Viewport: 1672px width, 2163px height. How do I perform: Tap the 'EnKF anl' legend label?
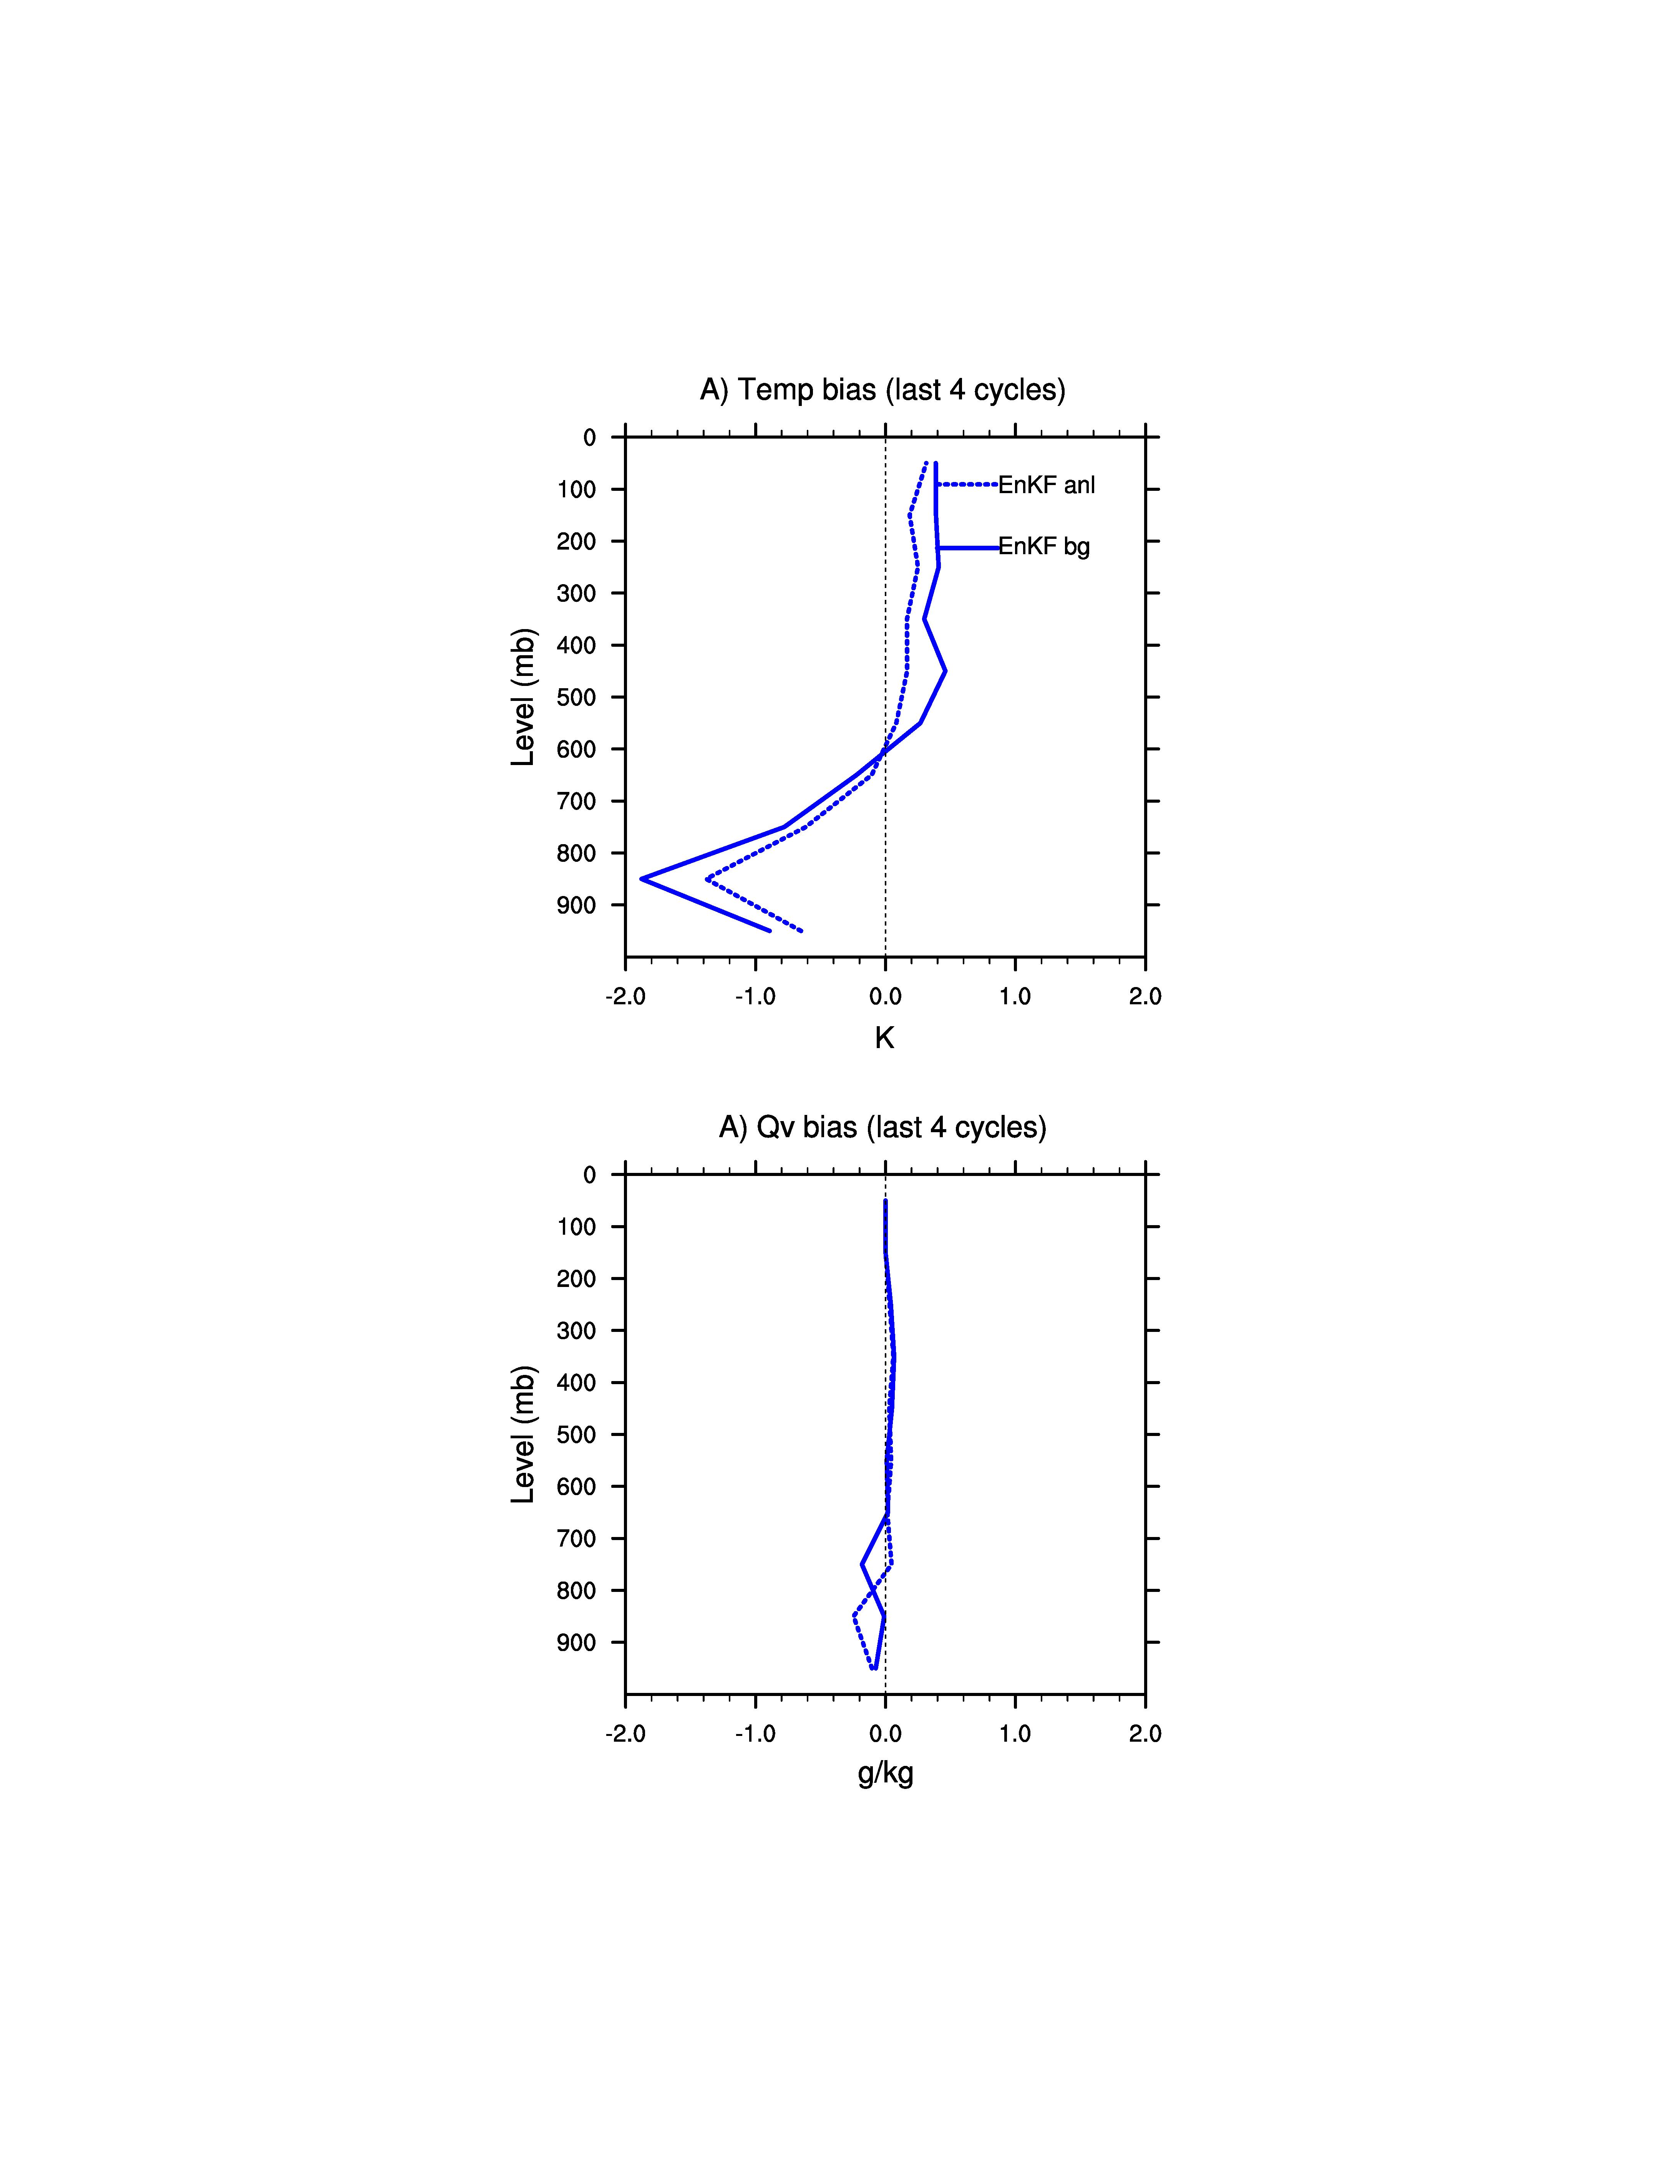[x=1046, y=485]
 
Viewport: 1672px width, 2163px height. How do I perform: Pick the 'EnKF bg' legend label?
[x=1043, y=547]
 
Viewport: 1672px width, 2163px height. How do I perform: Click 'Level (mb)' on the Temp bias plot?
[x=523, y=697]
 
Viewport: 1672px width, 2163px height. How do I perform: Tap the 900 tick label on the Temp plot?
[x=577, y=905]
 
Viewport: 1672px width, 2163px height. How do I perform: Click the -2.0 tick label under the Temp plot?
[x=625, y=996]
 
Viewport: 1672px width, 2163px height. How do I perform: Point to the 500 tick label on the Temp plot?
[x=577, y=697]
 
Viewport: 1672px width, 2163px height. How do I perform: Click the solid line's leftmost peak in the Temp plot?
[x=642, y=878]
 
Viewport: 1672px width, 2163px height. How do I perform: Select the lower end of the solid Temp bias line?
[x=770, y=930]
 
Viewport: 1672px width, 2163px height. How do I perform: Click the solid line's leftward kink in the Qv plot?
[x=862, y=1565]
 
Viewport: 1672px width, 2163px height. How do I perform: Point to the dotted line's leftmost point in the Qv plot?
[x=854, y=1616]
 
